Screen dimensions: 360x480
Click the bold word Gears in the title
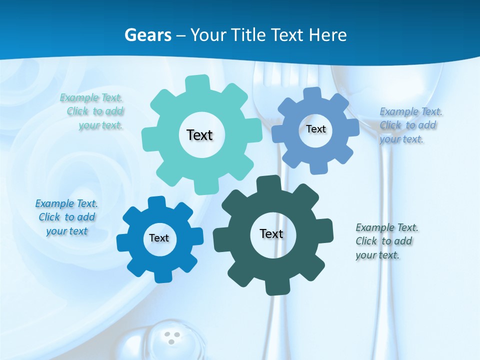tap(147, 35)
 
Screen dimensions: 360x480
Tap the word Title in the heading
tap(248, 35)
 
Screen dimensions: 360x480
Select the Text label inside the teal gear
tap(199, 135)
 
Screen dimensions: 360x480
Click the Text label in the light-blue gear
tap(315, 129)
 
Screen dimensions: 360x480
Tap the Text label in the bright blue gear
tap(159, 238)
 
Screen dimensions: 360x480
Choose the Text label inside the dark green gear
tap(271, 233)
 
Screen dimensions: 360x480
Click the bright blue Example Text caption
tap(66, 217)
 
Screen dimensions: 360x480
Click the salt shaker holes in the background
tap(173, 337)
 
